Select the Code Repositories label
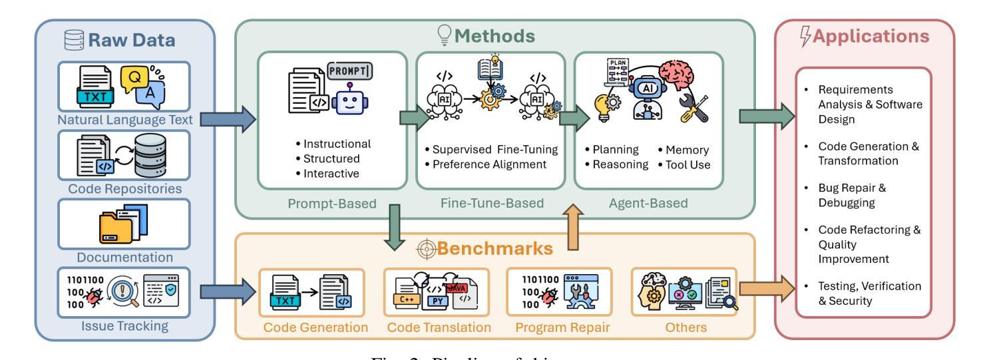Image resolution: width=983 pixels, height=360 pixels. pyautogui.click(x=124, y=188)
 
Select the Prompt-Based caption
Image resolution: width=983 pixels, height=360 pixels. pyautogui.click(x=331, y=203)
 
